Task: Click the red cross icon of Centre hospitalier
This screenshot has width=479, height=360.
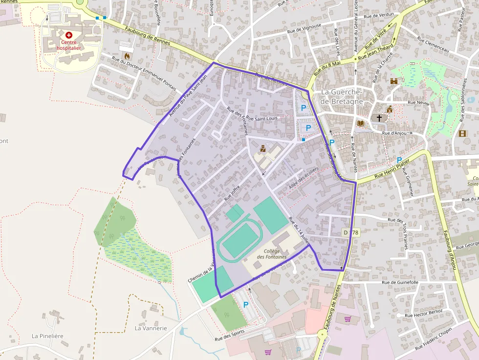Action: click(x=69, y=35)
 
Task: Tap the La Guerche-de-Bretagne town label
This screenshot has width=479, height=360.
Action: click(x=342, y=97)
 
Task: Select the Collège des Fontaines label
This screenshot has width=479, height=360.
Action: click(x=271, y=254)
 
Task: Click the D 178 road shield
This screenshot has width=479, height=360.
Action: click(x=351, y=233)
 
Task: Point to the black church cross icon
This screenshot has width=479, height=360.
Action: click(x=379, y=118)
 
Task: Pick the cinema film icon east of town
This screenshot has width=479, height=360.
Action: click(x=462, y=133)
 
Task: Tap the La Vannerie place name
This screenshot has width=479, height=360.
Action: click(x=151, y=328)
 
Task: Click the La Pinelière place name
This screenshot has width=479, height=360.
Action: click(x=47, y=336)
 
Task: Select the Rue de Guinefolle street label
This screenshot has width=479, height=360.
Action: click(x=400, y=282)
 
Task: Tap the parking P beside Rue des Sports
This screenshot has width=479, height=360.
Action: click(x=245, y=305)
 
